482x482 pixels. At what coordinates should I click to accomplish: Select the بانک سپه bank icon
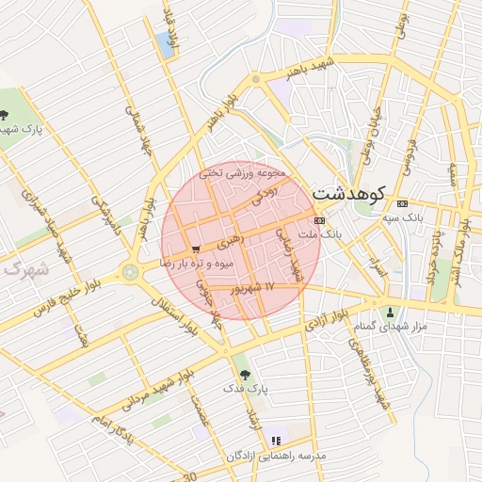click(x=404, y=203)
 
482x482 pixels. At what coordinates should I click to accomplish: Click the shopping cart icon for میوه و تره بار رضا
click(x=195, y=249)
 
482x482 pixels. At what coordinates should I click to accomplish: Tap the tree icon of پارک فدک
click(x=245, y=374)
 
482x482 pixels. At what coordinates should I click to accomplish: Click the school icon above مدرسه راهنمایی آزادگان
click(x=275, y=441)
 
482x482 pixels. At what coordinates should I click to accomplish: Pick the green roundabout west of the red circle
click(x=129, y=273)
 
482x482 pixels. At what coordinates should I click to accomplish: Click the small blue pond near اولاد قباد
click(x=170, y=42)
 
